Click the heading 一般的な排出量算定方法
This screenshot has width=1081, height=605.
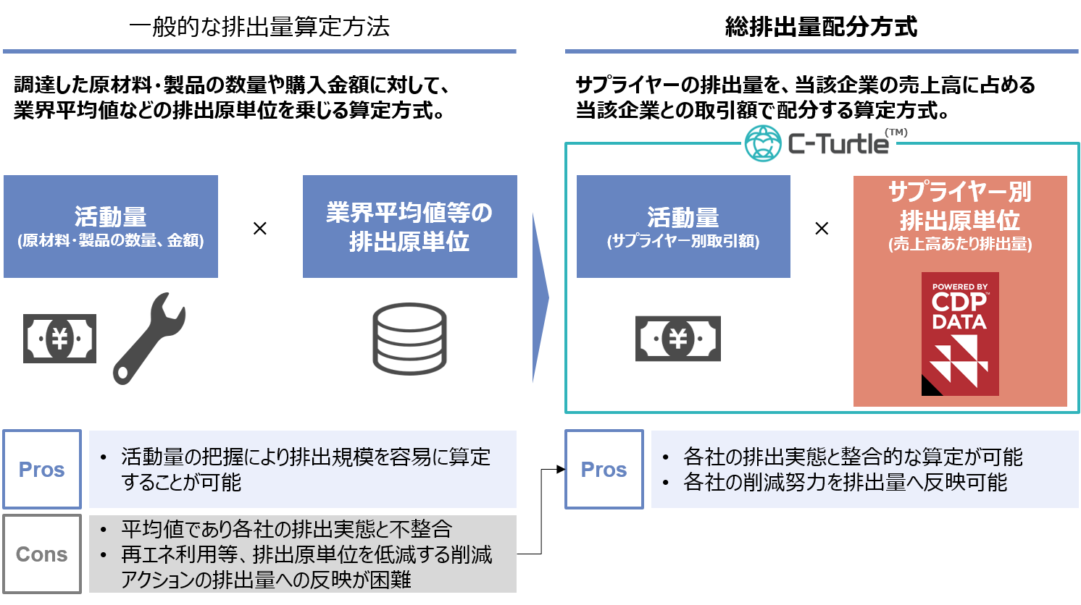pyautogui.click(x=259, y=27)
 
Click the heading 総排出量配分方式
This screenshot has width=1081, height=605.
pyautogui.click(x=821, y=27)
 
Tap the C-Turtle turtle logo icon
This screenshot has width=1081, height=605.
pyautogui.click(x=763, y=143)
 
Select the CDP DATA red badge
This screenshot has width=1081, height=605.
pyautogui.click(x=959, y=334)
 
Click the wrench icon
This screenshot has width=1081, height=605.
pyautogui.click(x=149, y=338)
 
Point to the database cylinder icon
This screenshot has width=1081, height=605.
pyautogui.click(x=409, y=338)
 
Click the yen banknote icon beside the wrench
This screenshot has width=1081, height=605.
pyautogui.click(x=59, y=338)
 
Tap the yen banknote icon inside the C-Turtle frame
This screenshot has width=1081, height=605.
pyautogui.click(x=677, y=338)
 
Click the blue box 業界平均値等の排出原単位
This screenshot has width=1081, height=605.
pyautogui.click(x=409, y=227)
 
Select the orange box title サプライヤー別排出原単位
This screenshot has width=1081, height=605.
pyautogui.click(x=959, y=206)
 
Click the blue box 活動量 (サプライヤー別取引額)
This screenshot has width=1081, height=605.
pyautogui.click(x=683, y=227)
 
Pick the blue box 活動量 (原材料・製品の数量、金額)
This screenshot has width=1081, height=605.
pyautogui.click(x=111, y=227)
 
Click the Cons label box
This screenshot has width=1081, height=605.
pyautogui.click(x=42, y=554)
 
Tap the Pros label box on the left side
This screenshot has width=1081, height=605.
pyautogui.click(x=42, y=470)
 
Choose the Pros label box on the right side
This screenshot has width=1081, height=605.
pyautogui.click(x=604, y=470)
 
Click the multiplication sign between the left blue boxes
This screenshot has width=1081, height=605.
pyautogui.click(x=260, y=229)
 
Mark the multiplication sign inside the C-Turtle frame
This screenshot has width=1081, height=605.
pyautogui.click(x=822, y=229)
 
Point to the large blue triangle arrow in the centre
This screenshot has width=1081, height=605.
pyautogui.click(x=540, y=297)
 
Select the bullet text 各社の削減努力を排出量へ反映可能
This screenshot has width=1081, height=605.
pyautogui.click(x=845, y=483)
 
